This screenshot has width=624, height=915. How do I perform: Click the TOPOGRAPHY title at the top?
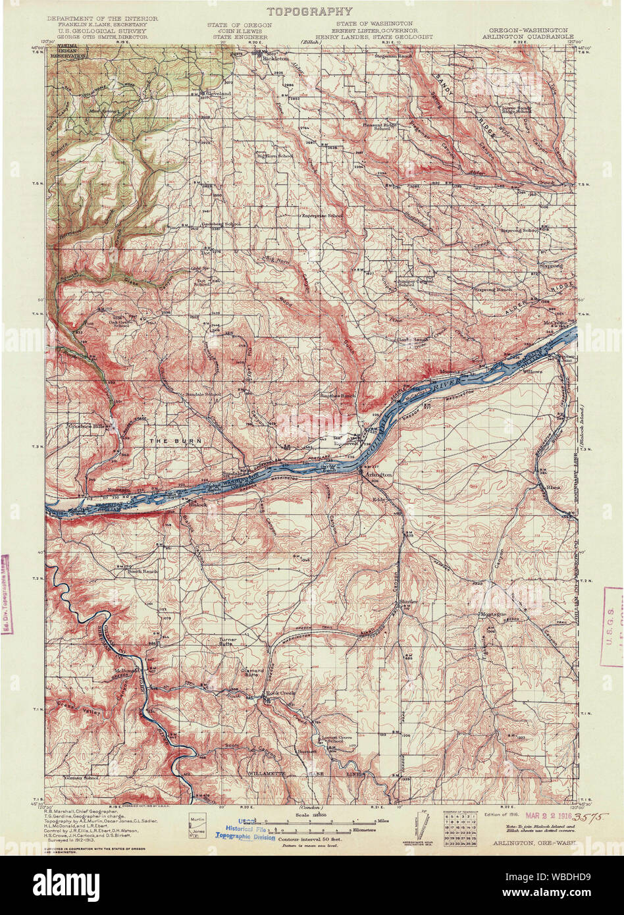(309, 11)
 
